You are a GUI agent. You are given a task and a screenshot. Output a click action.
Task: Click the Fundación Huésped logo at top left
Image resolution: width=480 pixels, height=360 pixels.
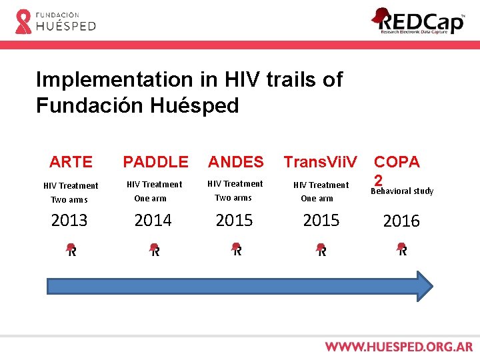click(55, 21)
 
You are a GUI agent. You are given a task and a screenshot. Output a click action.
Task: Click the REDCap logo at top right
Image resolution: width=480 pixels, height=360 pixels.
click(418, 21)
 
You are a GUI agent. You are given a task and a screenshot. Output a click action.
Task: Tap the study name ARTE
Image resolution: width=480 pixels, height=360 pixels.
click(71, 162)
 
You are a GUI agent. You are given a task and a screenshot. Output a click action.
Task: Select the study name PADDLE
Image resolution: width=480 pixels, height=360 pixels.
click(155, 162)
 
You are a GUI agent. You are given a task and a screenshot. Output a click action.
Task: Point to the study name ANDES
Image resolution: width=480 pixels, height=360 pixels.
click(236, 162)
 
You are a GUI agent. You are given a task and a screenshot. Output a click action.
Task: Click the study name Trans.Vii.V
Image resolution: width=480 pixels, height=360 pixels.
click(321, 162)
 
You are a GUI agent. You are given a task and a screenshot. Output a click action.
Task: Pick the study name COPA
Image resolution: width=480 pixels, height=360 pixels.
click(397, 162)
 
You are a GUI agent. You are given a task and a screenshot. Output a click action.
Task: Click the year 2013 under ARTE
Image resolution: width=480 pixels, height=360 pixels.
click(69, 220)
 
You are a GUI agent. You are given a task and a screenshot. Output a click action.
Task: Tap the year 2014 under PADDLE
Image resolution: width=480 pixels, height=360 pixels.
click(153, 220)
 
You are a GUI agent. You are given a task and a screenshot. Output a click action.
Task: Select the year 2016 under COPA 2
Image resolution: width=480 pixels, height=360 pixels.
click(401, 221)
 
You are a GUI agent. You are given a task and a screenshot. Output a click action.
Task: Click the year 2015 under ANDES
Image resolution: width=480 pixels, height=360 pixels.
click(234, 220)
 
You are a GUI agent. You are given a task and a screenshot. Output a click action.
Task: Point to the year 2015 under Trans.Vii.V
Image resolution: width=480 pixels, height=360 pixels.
click(321, 220)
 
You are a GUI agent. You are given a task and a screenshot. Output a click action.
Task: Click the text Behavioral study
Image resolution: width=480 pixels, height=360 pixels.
click(401, 191)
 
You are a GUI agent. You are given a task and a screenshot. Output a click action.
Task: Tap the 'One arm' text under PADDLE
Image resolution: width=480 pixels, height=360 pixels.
click(150, 199)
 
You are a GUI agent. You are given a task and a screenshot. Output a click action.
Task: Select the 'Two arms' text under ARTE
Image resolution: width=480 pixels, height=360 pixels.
click(69, 200)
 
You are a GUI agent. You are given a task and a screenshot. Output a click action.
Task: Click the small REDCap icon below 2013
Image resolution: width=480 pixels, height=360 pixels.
click(71, 250)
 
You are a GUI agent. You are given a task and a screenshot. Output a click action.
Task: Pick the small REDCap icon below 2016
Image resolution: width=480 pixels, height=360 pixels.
click(402, 250)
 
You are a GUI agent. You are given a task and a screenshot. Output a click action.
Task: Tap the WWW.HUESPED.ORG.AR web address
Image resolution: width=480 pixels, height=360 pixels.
click(399, 347)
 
